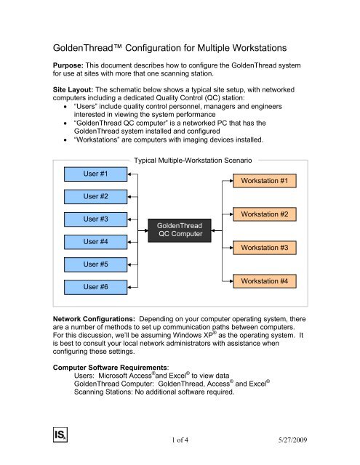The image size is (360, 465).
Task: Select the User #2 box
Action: pyautogui.click(x=95, y=196)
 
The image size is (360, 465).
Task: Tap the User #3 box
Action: pyautogui.click(x=95, y=219)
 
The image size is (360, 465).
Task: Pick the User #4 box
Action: pyautogui.click(x=95, y=241)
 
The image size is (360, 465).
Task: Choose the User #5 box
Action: pyautogui.click(x=95, y=264)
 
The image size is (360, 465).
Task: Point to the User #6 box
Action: pyautogui.click(x=95, y=288)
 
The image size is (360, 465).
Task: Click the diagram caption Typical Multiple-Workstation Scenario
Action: pyautogui.click(x=193, y=158)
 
